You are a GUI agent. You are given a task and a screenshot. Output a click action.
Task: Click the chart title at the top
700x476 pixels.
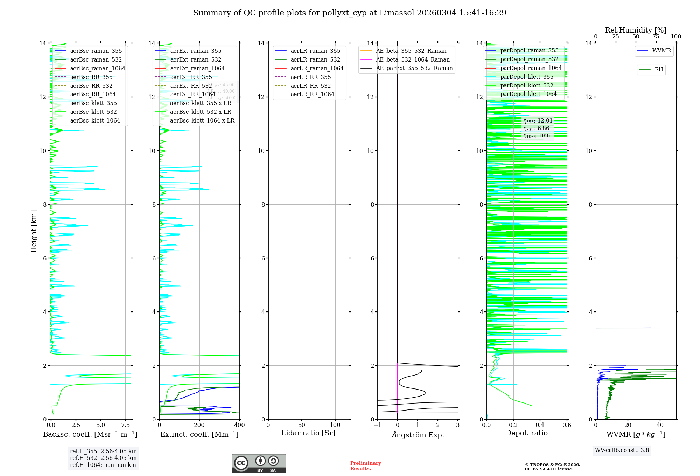tap(350, 13)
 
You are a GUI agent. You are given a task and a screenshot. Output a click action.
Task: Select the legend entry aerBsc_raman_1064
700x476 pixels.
tap(97, 68)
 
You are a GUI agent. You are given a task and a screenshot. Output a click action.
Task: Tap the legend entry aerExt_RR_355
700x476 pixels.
tap(191, 77)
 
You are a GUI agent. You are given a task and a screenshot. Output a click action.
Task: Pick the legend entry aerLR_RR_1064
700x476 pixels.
tap(312, 94)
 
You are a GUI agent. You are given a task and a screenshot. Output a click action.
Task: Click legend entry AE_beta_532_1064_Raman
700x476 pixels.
tap(413, 59)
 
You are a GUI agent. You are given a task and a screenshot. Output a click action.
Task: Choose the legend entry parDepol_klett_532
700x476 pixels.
tap(527, 85)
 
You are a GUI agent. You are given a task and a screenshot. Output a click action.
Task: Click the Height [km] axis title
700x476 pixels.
tap(34, 231)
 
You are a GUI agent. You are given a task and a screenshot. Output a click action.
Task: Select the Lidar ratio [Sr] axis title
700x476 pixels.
tap(308, 433)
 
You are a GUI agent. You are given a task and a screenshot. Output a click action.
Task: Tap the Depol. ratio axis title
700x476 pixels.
tap(526, 433)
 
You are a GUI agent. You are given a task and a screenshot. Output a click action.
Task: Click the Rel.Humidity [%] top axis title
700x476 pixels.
tap(636, 30)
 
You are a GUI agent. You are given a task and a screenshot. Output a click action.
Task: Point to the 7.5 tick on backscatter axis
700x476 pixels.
tap(126, 425)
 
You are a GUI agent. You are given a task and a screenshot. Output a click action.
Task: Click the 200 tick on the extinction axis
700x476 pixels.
tap(199, 425)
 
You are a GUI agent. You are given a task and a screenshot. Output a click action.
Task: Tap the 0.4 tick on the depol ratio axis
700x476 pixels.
tap(540, 425)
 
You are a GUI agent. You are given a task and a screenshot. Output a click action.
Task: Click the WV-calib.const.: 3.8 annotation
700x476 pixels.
tap(622, 450)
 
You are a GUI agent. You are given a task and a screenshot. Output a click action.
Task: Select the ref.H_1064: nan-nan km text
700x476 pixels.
tap(103, 465)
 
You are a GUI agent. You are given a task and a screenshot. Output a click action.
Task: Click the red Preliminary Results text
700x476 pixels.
tap(365, 466)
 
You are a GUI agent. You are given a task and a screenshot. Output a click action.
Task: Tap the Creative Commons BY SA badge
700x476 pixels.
tap(259, 463)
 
